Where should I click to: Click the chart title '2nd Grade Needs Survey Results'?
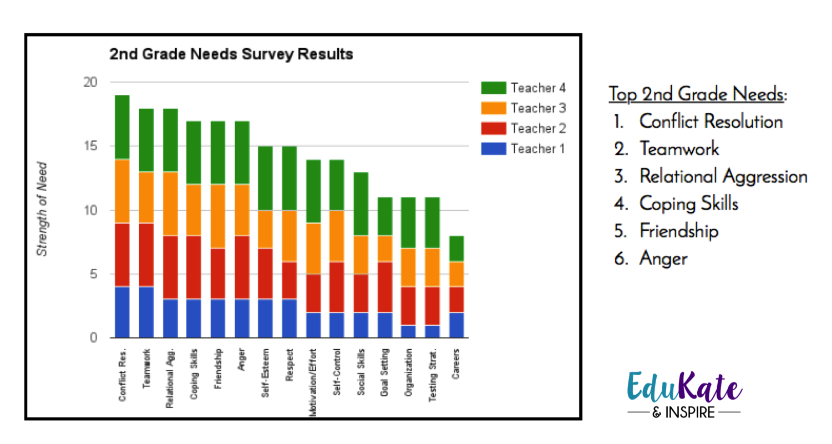[231, 55]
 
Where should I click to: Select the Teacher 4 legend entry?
[523, 88]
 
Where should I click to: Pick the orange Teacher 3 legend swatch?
[494, 108]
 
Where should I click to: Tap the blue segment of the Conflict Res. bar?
[122, 312]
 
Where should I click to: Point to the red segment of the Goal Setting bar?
[385, 287]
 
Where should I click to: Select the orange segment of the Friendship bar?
[217, 216]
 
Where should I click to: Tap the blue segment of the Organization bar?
[409, 331]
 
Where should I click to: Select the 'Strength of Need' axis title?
[42, 209]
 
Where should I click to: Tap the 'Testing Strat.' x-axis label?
[432, 371]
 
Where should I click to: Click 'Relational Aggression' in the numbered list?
[723, 177]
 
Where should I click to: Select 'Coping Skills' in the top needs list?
[689, 204]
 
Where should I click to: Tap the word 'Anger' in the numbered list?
[663, 258]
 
